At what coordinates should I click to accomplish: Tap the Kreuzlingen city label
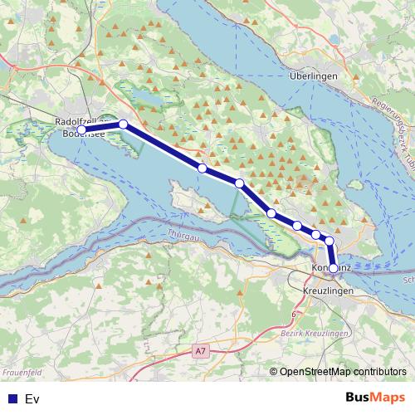point(330,294)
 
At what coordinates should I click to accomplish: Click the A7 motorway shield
point(200,352)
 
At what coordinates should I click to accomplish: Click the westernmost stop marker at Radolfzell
point(81,130)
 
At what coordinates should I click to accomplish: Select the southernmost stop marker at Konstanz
point(334,269)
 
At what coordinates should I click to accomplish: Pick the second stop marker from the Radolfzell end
point(124,124)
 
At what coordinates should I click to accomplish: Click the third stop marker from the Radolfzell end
point(202,168)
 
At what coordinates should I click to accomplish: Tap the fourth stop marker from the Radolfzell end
point(239,183)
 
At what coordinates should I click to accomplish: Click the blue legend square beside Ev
point(12,399)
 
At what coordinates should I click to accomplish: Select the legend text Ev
point(32,399)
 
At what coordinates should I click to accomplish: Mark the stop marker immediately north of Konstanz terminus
point(330,242)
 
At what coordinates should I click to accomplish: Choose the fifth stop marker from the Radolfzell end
point(271,213)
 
